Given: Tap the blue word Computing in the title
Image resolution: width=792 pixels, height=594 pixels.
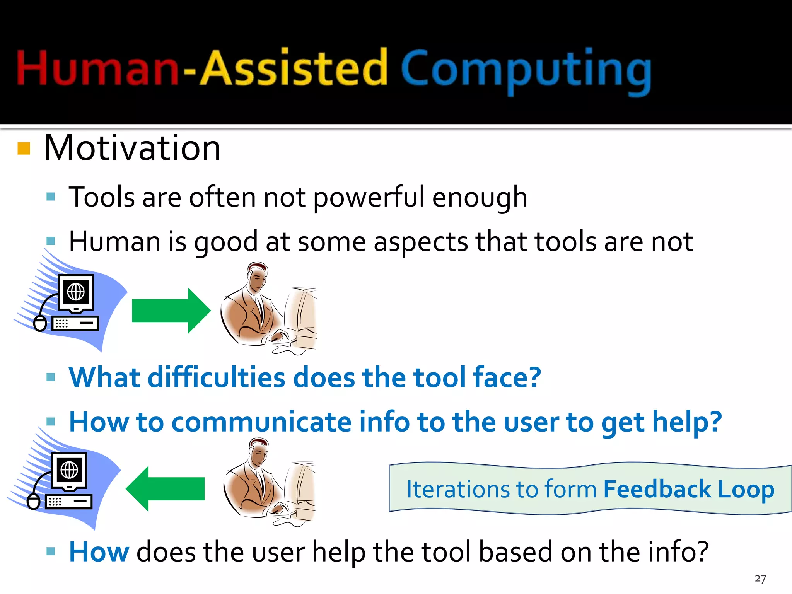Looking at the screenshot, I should tap(526, 70).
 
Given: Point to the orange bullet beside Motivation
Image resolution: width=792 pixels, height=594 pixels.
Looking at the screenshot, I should tap(24, 148).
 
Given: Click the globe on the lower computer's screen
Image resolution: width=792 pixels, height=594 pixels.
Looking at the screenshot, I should tap(70, 470).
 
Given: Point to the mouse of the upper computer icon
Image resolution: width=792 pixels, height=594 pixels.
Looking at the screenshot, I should tap(40, 323).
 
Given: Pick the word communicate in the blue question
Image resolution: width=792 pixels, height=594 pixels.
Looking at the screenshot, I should tap(261, 422).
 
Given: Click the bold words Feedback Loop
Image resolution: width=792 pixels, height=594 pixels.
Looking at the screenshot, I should tap(688, 490).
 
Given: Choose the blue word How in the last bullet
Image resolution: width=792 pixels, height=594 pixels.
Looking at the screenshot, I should tap(99, 552).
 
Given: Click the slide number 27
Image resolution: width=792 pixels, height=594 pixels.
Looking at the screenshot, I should tap(760, 579).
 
